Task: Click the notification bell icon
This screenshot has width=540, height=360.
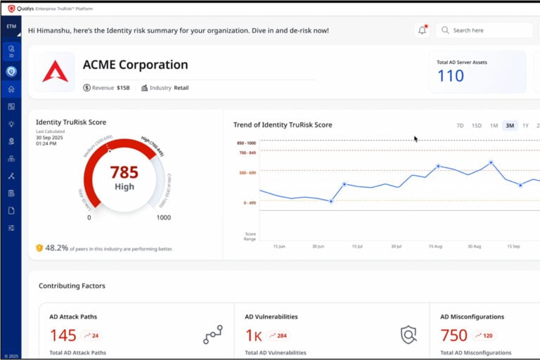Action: (422, 30)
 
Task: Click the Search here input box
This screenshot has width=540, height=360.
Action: (485, 30)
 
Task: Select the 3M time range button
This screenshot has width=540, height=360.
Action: (510, 126)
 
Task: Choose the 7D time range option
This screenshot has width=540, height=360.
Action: (460, 126)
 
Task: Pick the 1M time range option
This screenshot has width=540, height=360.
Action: (494, 126)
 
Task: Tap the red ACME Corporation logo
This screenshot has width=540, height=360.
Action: (55, 71)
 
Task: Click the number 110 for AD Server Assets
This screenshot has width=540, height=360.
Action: (451, 76)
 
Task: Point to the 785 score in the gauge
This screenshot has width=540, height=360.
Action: (124, 172)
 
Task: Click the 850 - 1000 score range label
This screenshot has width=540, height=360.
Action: (247, 143)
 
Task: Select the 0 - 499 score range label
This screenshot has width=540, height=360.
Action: (250, 202)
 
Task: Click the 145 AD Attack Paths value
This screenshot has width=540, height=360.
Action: (63, 335)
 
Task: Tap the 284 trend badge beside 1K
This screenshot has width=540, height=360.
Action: (278, 335)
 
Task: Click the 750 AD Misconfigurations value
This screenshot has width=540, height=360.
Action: (454, 335)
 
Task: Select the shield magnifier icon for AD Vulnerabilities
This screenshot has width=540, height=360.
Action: (408, 335)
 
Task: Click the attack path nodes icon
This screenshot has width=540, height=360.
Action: (212, 335)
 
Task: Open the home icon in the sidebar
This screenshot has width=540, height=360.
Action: (11, 89)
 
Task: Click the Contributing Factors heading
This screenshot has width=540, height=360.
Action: (72, 286)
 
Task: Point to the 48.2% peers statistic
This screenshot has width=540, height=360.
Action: (56, 247)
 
